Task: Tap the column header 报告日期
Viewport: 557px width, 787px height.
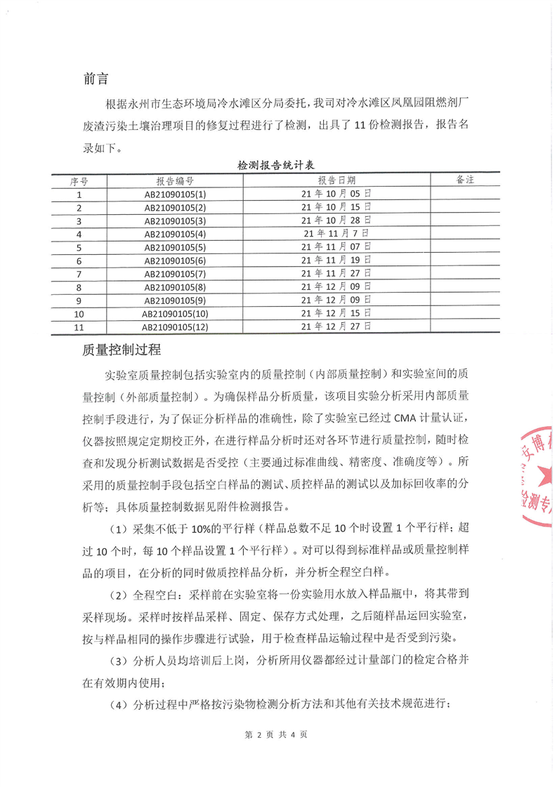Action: (x=336, y=181)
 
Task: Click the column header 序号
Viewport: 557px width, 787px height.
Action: (x=79, y=181)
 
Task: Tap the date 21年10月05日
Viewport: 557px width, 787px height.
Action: (x=336, y=194)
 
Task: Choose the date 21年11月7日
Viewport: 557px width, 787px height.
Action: (x=336, y=234)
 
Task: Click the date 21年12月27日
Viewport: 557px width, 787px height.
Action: (x=336, y=326)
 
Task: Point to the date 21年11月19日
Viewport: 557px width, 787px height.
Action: (x=336, y=260)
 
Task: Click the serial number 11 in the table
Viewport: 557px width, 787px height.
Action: (x=79, y=326)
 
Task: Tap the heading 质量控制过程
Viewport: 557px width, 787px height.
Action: (x=122, y=349)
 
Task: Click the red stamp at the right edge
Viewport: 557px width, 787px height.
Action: (x=537, y=485)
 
